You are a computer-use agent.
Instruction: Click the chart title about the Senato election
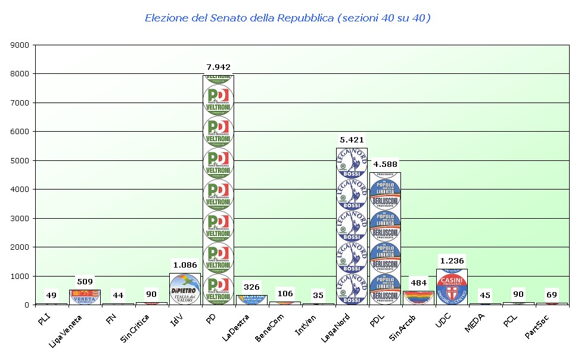[x=288, y=18]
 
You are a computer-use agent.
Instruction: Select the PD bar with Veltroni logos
[x=218, y=191]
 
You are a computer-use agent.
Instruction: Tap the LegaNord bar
[x=352, y=226]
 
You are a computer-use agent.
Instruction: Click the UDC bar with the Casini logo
[x=452, y=287]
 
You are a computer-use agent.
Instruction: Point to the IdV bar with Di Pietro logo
[x=185, y=289]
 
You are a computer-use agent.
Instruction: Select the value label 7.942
[x=218, y=67]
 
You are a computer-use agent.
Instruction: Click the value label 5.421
[x=352, y=140]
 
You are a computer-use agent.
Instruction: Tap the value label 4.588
[x=385, y=164]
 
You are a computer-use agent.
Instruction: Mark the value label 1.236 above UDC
[x=452, y=260]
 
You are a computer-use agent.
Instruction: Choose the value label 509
[x=85, y=281]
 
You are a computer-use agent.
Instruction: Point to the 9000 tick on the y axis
[x=20, y=45]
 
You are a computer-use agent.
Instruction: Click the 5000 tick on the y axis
[x=20, y=160]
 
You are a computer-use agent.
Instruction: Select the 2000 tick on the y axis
[x=20, y=247]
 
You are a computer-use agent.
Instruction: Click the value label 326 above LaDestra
[x=251, y=287]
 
